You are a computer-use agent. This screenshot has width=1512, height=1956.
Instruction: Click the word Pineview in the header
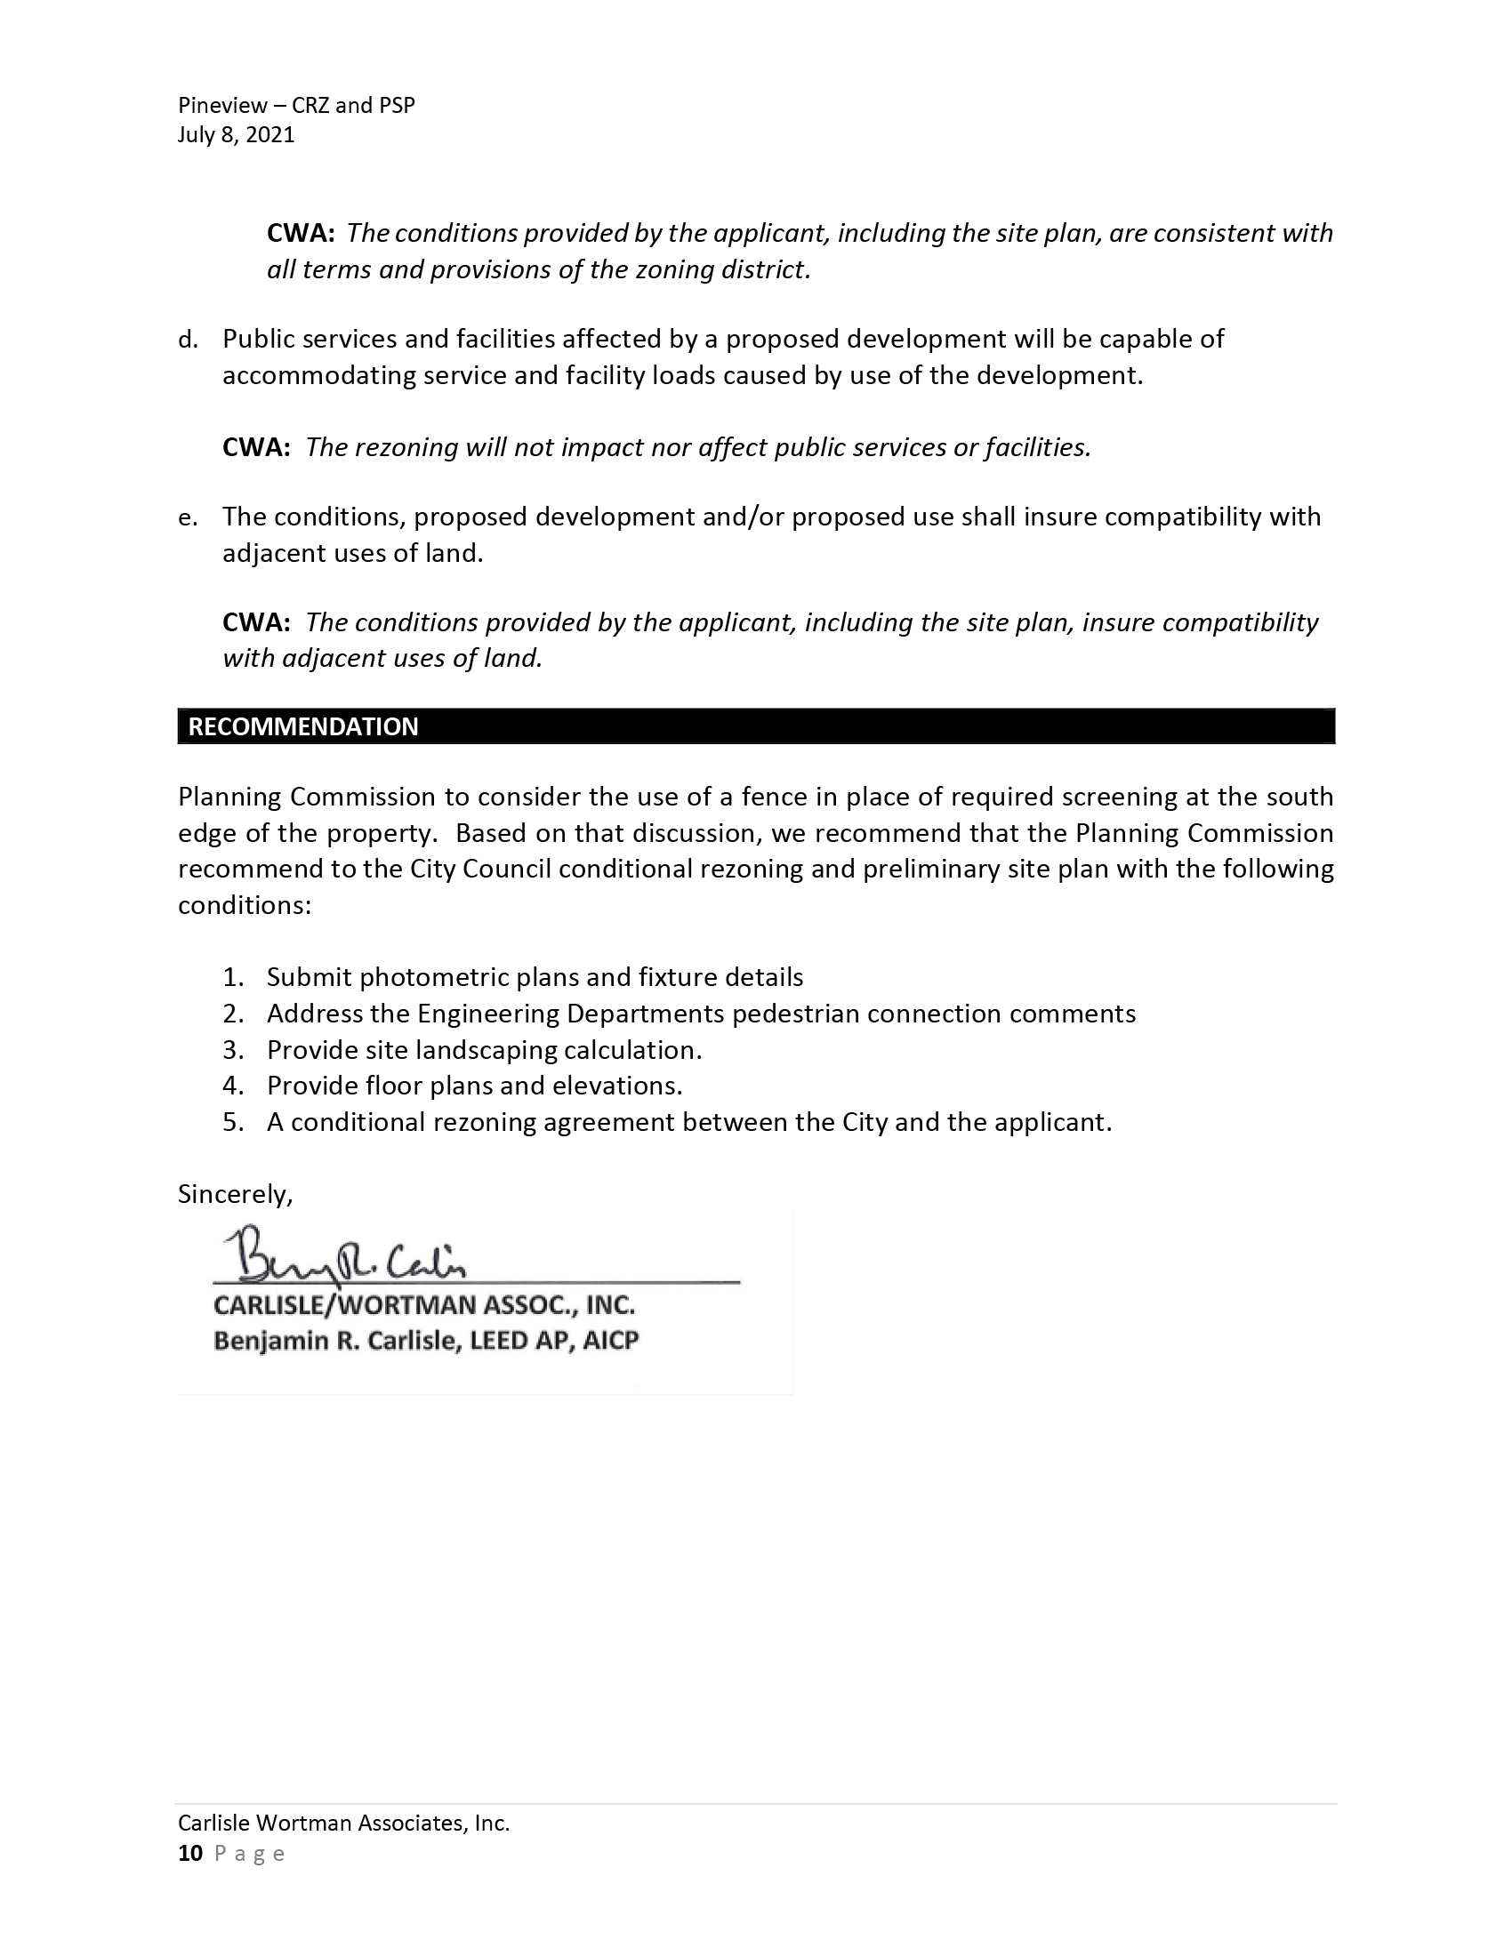point(222,106)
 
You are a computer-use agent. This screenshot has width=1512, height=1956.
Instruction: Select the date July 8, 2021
point(236,135)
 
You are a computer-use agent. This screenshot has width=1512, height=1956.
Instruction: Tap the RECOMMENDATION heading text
point(302,726)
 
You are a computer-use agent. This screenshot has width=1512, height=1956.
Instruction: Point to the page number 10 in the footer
point(190,1853)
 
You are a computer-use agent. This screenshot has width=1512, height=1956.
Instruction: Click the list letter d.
point(186,340)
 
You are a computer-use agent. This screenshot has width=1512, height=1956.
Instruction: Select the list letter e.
point(186,517)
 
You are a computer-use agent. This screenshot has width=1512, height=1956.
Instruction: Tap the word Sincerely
point(235,1195)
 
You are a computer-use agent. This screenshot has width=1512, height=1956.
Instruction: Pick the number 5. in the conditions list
point(233,1122)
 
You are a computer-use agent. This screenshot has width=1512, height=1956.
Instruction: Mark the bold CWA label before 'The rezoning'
point(255,447)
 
